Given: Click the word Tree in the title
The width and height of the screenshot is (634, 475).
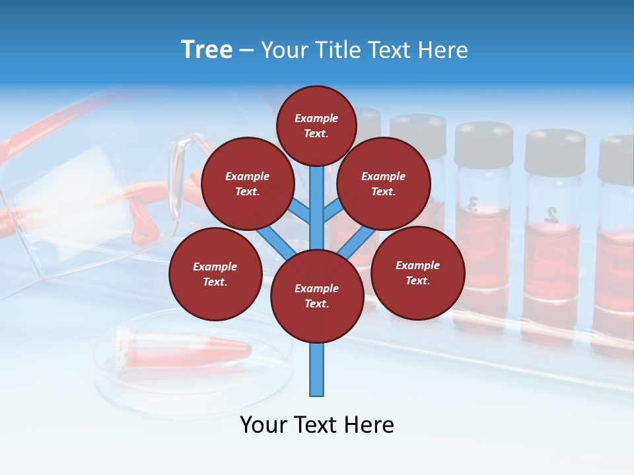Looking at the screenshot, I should click(x=207, y=50).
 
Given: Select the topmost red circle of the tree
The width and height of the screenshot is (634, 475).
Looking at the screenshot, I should click(x=316, y=125).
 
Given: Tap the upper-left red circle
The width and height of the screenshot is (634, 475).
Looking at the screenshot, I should click(x=248, y=183).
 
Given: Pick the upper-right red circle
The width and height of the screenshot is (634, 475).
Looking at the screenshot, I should click(x=384, y=183).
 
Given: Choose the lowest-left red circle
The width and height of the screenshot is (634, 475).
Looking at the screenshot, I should click(x=215, y=274).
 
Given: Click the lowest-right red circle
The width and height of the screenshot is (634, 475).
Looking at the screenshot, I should click(x=417, y=272).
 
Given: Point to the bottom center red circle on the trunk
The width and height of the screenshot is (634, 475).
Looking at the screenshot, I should click(x=317, y=296).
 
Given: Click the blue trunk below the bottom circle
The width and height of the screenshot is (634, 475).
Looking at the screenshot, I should click(x=317, y=369).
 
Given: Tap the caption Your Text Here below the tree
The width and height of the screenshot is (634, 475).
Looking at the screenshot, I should click(x=317, y=425).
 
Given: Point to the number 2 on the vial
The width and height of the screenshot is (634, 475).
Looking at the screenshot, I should click(x=551, y=214).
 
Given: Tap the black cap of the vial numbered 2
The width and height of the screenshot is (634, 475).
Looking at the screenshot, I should click(x=555, y=152).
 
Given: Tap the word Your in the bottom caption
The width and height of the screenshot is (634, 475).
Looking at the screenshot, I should click(x=264, y=425).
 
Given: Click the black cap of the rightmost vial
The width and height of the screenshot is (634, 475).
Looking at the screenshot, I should click(x=617, y=158).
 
